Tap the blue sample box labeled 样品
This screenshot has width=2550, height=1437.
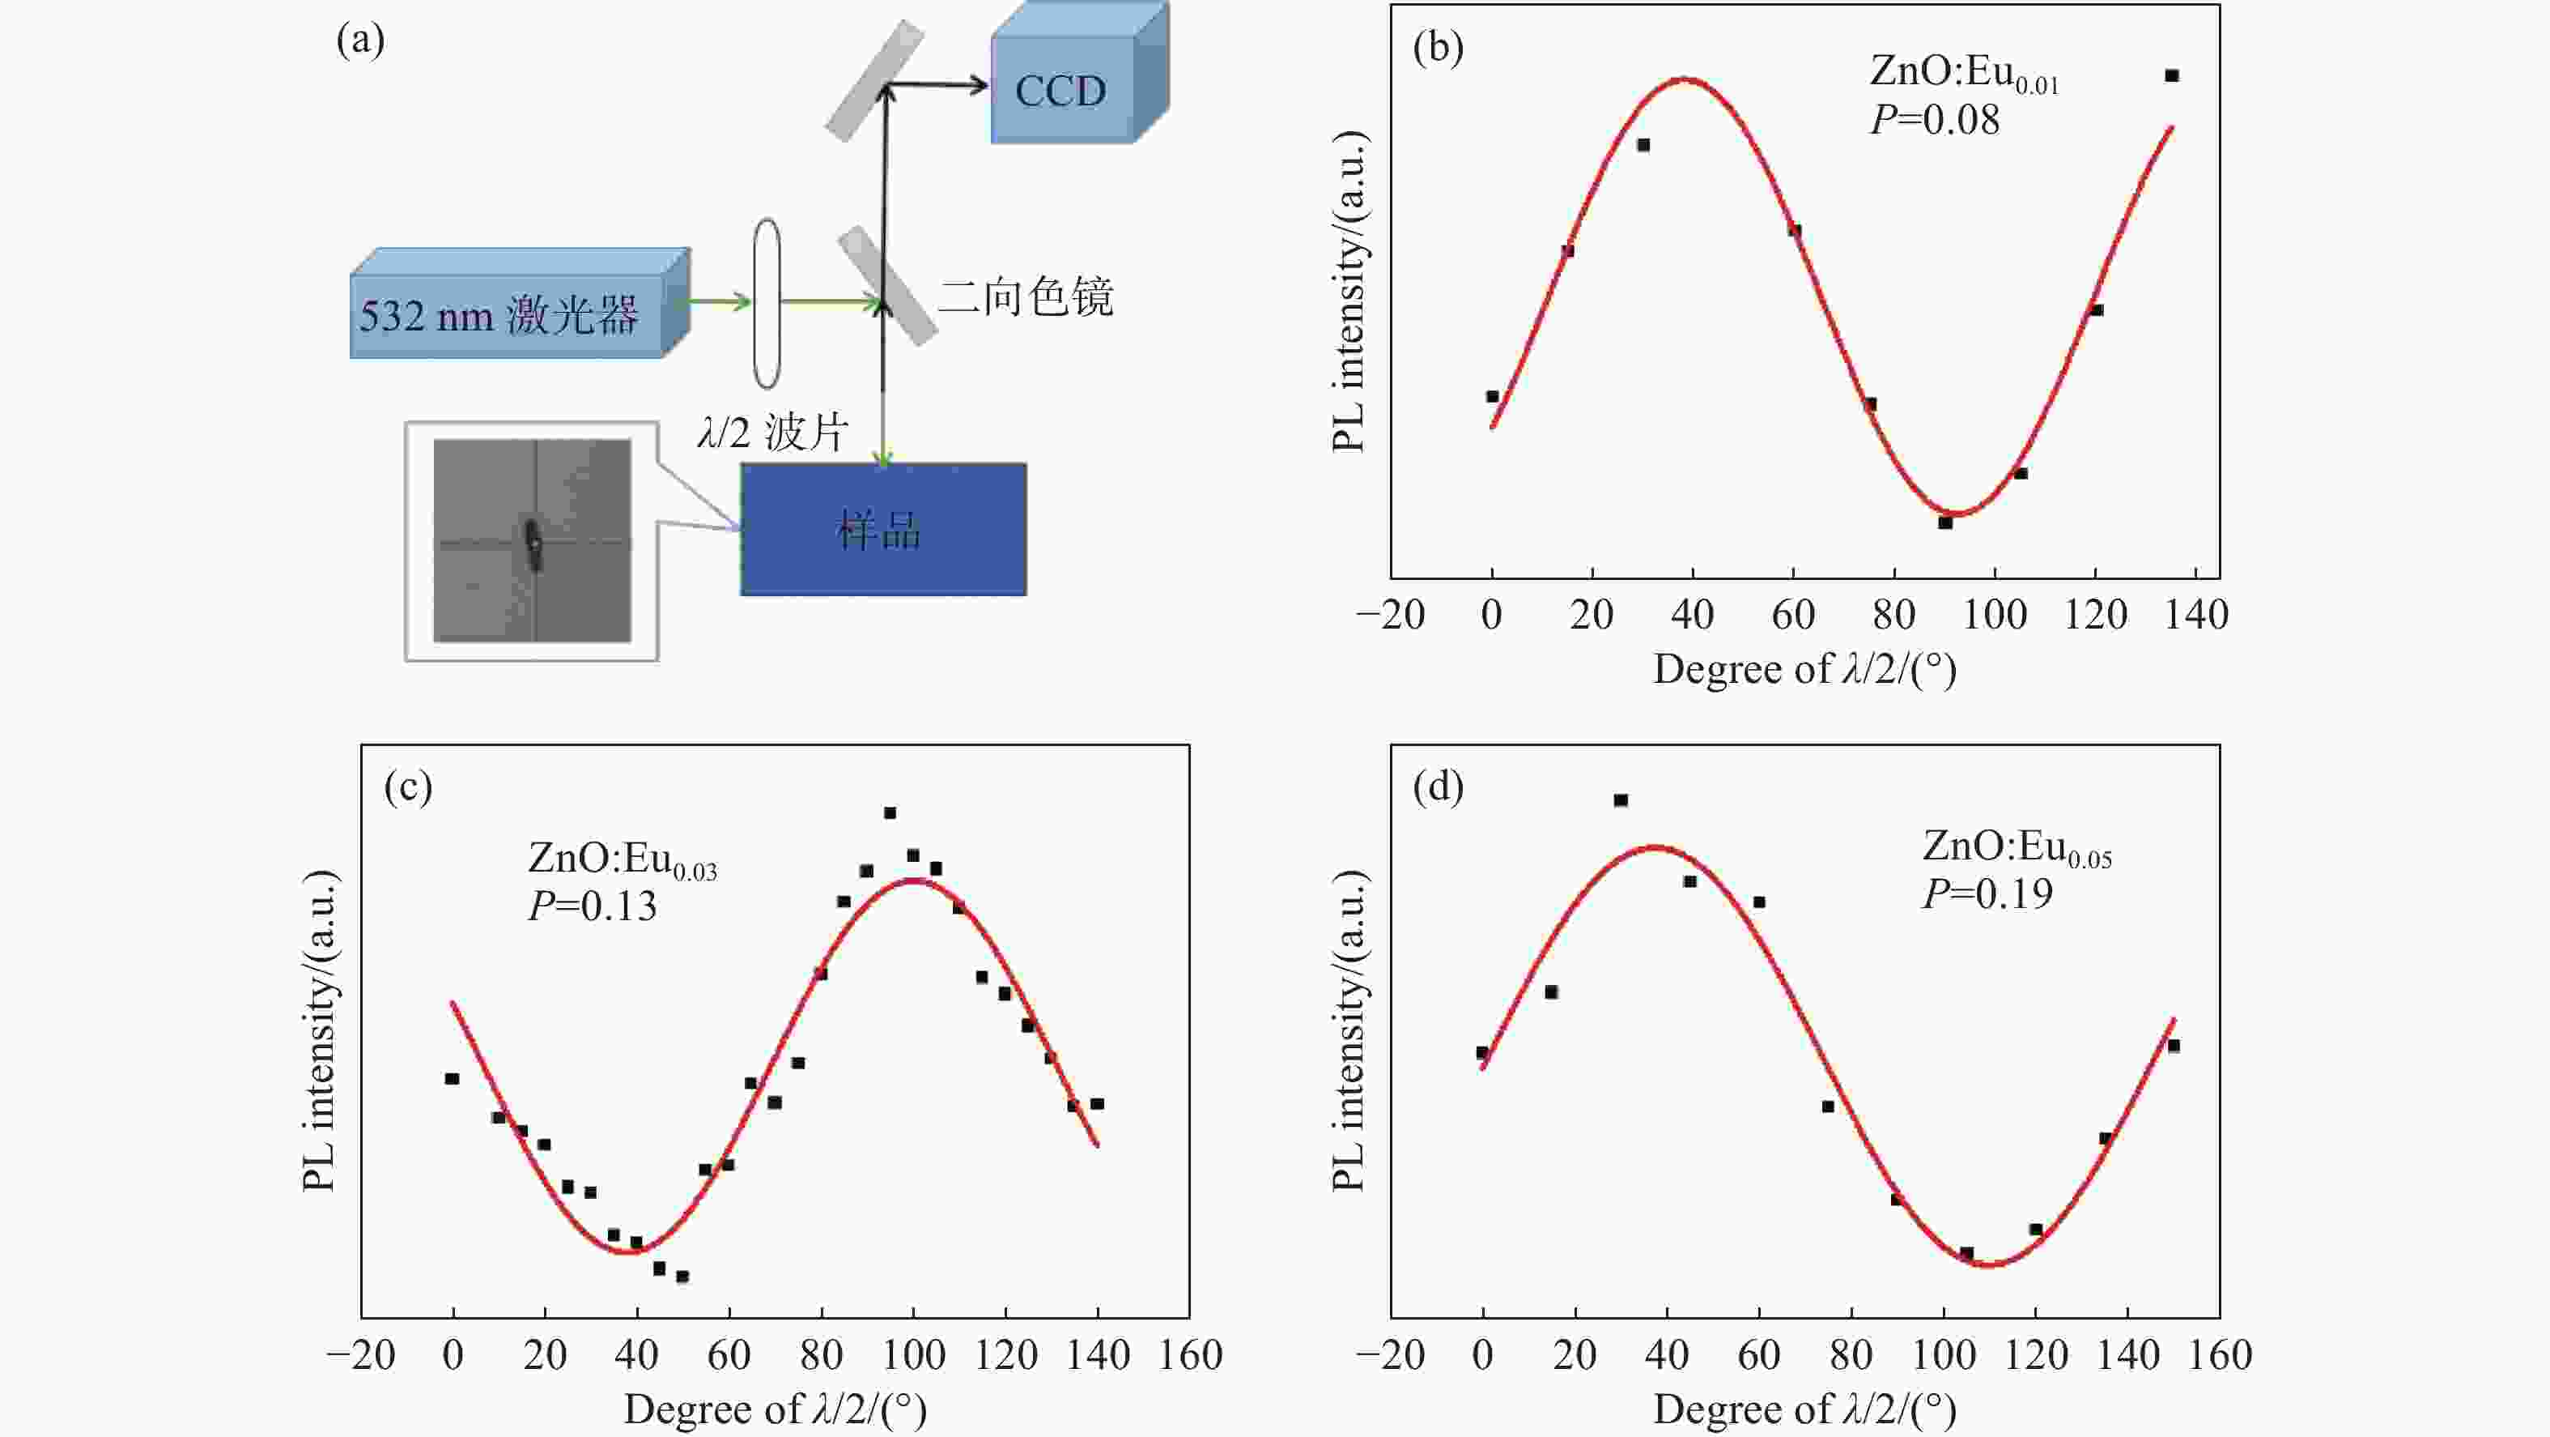tap(882, 530)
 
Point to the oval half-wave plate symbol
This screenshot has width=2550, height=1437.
tap(766, 303)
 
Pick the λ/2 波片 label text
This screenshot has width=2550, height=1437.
tap(772, 433)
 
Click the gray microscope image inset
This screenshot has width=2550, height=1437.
tap(532, 541)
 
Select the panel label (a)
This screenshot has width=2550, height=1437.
tap(360, 41)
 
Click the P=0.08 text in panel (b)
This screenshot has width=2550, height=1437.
tap(1934, 120)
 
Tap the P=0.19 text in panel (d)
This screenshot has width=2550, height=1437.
tap(1987, 893)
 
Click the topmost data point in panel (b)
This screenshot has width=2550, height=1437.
tap(2172, 75)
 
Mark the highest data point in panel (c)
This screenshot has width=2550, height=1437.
tap(890, 813)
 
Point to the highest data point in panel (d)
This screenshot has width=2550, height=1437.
tap(1621, 800)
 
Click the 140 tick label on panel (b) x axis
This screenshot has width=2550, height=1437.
tap(2195, 615)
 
